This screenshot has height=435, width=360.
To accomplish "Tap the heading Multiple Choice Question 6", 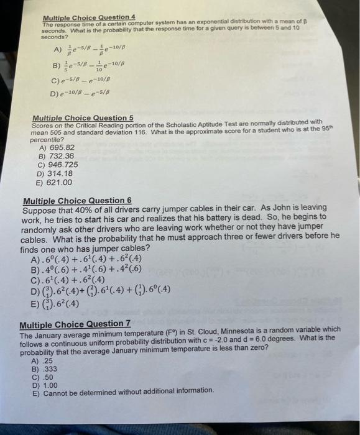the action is pos(76,201).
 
